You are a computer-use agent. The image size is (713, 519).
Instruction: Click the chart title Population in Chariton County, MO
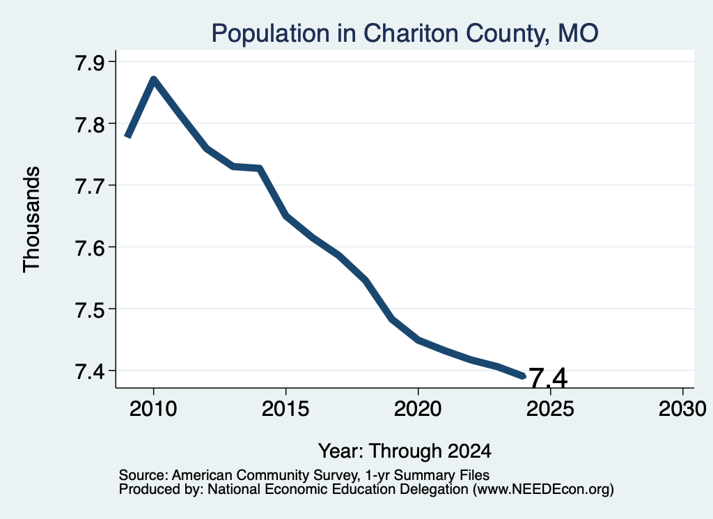point(405,33)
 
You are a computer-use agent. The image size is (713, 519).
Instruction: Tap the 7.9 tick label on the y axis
point(90,62)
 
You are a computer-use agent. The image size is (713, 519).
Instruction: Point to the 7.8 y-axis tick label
point(90,124)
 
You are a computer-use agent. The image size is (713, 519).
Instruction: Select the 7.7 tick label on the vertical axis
point(90,186)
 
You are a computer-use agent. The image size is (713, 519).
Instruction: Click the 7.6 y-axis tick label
point(90,248)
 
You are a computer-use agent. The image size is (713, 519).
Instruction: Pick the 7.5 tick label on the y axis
point(90,310)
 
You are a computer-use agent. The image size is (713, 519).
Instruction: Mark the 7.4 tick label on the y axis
point(90,371)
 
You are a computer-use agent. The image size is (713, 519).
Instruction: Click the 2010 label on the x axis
point(153,408)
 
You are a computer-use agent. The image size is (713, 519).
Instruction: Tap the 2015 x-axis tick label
point(285,408)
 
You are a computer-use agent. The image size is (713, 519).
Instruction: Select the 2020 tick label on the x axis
point(418,408)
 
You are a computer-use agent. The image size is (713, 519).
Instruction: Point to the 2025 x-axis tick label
point(550,408)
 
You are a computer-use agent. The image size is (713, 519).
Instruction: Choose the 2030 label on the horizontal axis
point(682,408)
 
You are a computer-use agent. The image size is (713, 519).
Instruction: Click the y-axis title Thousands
point(31,219)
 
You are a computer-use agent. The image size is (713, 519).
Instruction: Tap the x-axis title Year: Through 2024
point(405,451)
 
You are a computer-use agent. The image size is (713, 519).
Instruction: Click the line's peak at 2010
point(154,80)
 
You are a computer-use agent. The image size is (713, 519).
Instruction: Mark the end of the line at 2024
point(524,376)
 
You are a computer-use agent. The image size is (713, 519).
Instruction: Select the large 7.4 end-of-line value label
point(549,378)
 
